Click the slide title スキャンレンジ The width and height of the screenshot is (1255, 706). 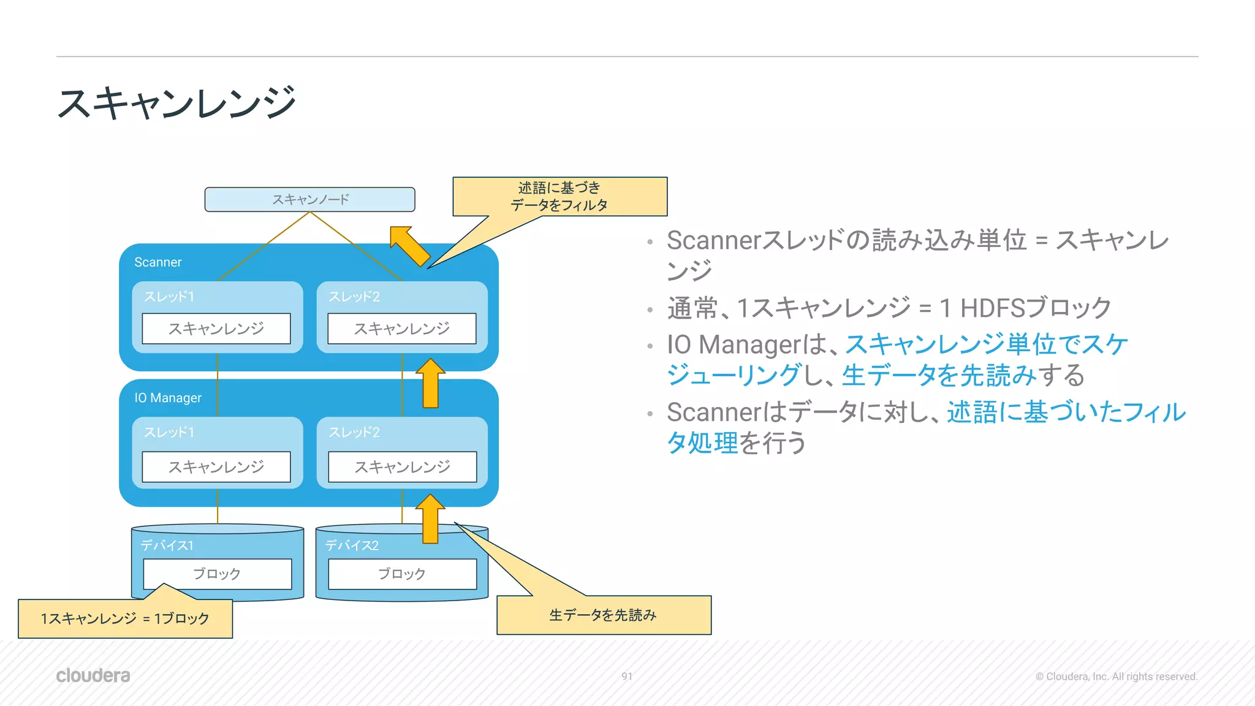(x=176, y=103)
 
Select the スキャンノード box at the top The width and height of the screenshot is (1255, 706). (x=309, y=199)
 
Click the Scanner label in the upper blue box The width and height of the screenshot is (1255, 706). (x=157, y=262)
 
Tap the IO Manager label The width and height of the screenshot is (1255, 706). (x=168, y=398)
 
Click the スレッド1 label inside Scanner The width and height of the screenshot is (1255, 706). (x=169, y=297)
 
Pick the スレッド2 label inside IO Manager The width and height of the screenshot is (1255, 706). (x=354, y=433)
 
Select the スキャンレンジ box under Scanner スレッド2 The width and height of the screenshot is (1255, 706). (x=401, y=328)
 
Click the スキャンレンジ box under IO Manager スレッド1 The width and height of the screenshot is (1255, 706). (x=216, y=467)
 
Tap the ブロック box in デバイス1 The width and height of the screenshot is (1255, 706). (x=217, y=574)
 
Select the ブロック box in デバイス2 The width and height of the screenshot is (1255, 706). (x=402, y=574)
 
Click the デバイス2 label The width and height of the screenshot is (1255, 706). (x=352, y=545)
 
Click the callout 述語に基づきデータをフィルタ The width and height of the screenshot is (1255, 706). (x=559, y=196)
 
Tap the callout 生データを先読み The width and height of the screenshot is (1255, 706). (x=603, y=615)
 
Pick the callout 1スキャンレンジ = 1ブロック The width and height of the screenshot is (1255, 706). (x=125, y=618)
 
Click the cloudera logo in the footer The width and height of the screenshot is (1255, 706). (x=93, y=675)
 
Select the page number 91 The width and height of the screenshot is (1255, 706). (x=626, y=677)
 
